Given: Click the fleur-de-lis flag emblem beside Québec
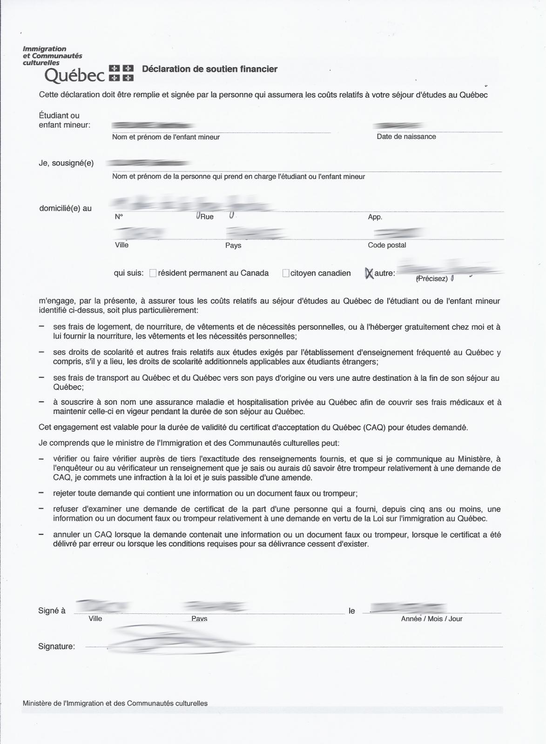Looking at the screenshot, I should [121, 73].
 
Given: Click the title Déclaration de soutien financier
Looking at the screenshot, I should [209, 69].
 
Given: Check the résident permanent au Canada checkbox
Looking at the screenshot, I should [153, 273].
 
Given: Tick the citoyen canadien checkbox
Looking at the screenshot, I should [286, 273].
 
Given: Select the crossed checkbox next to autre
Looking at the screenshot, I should [369, 273].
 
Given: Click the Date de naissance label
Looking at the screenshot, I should [406, 137].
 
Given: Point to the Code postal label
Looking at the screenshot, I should [386, 245].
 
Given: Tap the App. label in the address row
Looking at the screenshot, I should [375, 217].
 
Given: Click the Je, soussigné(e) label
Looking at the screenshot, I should [66, 163].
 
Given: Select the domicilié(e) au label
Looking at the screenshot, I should [65, 208].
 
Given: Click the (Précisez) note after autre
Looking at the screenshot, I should [431, 279].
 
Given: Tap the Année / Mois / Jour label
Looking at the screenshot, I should [431, 619].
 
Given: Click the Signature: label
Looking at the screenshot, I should [56, 646].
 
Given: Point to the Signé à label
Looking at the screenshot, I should [52, 611].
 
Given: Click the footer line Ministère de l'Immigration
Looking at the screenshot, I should [115, 704].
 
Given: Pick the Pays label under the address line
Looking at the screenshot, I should [233, 246].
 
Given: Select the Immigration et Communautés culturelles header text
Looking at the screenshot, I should [52, 55].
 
